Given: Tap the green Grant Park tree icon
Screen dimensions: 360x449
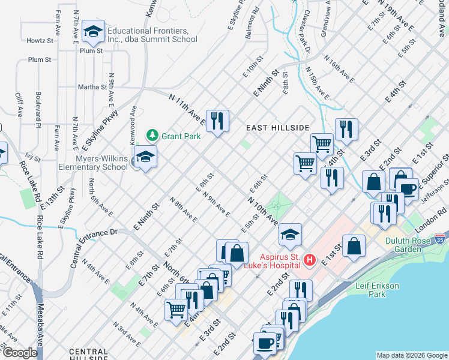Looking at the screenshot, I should point(153,136).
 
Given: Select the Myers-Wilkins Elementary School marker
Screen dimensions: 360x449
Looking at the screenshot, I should point(145,157).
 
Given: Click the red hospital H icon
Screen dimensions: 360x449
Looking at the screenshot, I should point(309,260).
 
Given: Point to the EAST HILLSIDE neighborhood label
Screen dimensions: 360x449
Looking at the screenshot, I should point(278,128).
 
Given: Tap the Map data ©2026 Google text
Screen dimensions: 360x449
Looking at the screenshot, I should point(412,355).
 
